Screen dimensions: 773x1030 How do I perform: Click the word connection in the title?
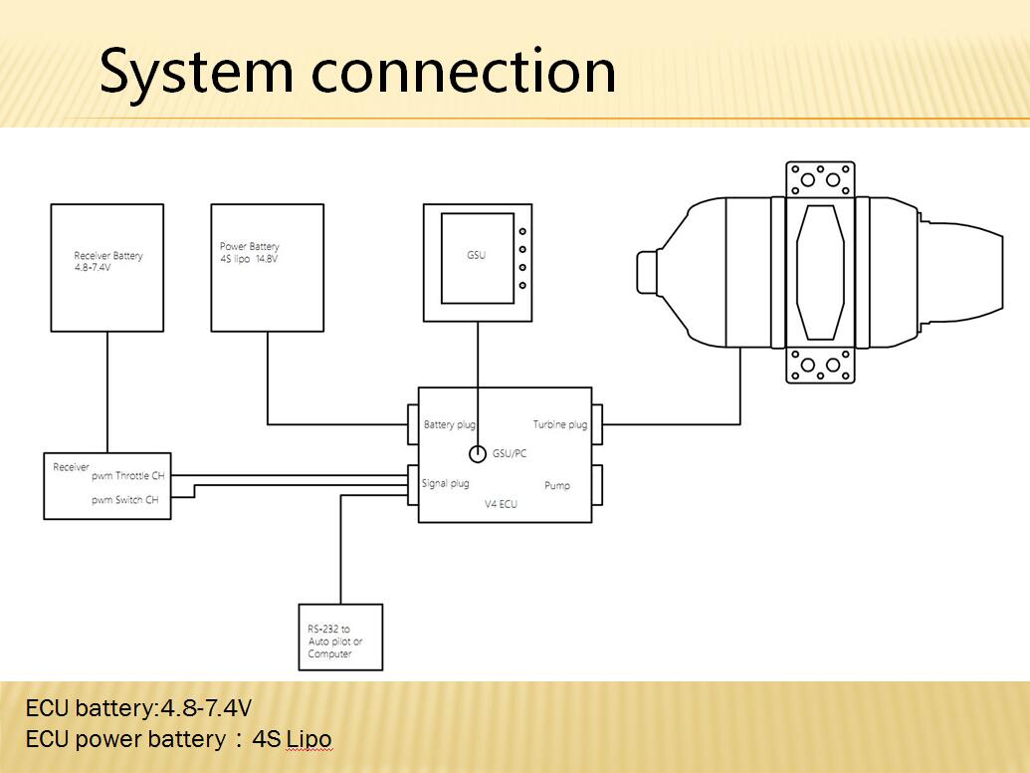click(x=464, y=72)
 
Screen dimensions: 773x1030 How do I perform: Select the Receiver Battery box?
click(x=107, y=267)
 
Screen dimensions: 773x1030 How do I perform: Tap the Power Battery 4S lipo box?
click(x=267, y=267)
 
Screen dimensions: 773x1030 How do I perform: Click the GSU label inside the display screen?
click(x=477, y=255)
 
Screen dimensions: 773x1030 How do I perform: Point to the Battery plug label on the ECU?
click(x=450, y=424)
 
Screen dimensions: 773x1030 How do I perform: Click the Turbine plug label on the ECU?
click(x=559, y=424)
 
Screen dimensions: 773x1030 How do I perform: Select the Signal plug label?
click(x=446, y=483)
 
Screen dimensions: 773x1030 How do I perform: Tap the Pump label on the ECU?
click(x=557, y=485)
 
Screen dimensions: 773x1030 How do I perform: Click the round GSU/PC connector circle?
click(x=477, y=454)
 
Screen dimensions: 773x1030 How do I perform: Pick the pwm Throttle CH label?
click(x=127, y=476)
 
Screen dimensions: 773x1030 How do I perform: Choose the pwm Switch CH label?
click(x=125, y=500)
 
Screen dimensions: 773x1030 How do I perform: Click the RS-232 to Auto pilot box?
click(x=339, y=638)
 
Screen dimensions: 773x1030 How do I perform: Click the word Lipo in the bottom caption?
click(x=309, y=739)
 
